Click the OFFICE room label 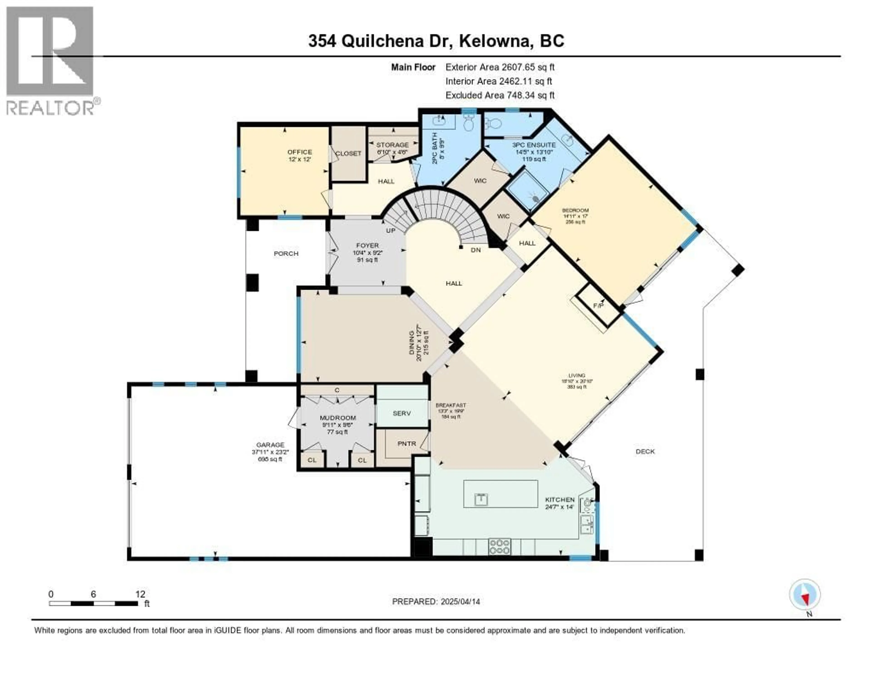pos(300,152)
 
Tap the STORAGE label pos(392,145)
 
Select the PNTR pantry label pos(406,444)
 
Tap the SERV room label pos(402,413)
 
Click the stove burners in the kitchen pos(500,546)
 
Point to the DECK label pos(645,452)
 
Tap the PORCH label pos(286,253)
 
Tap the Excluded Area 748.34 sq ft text pos(500,95)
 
